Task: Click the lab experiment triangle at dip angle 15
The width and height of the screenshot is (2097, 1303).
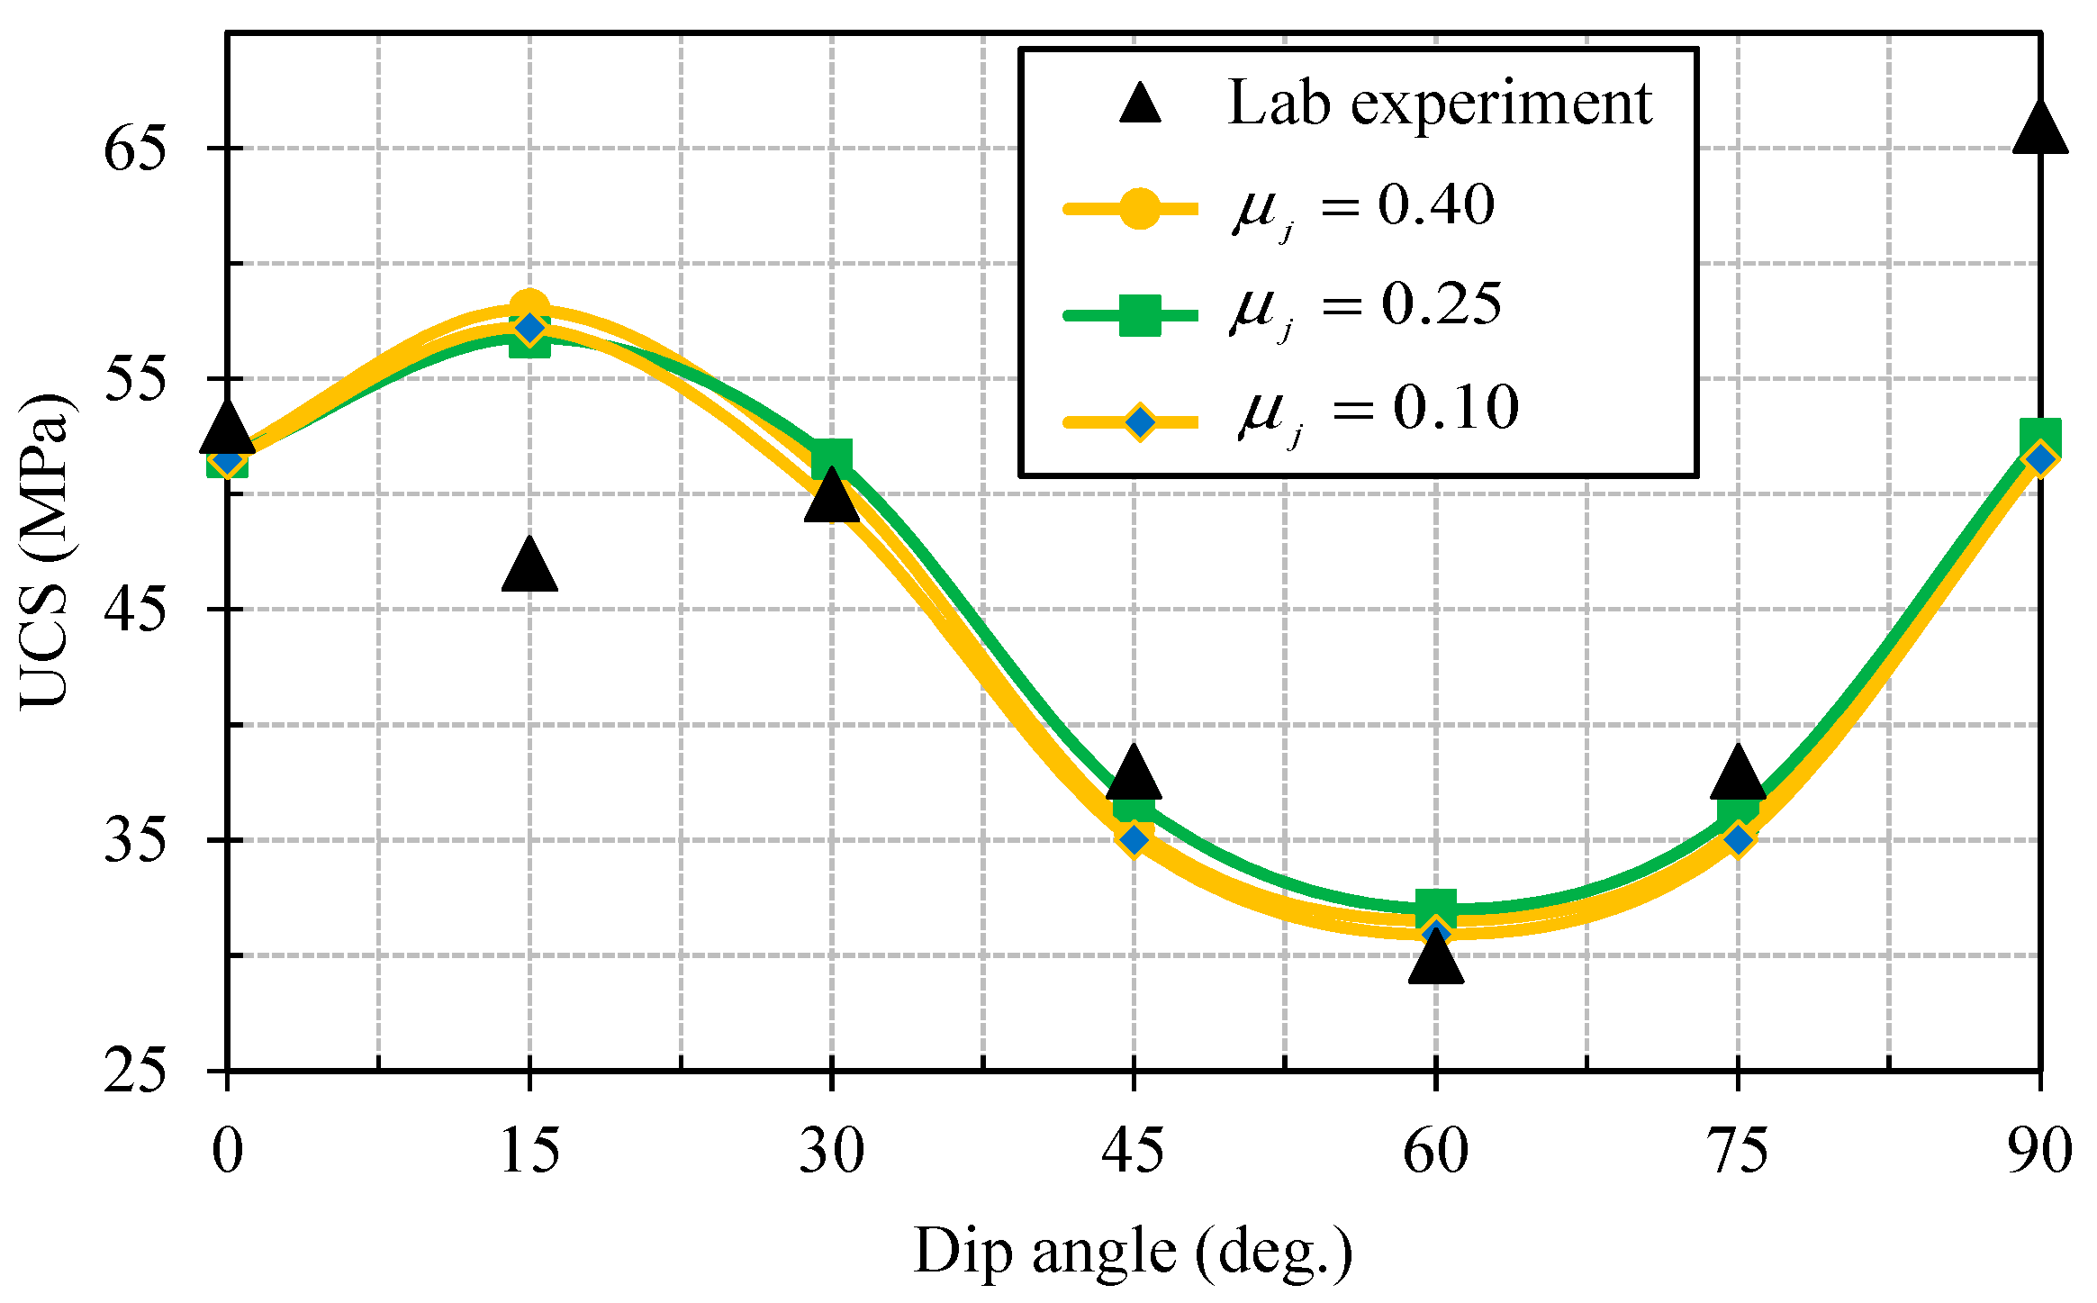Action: click(x=529, y=567)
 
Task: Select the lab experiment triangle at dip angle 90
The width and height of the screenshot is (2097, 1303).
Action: click(x=2039, y=131)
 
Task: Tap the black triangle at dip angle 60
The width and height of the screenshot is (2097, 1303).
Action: click(x=1435, y=959)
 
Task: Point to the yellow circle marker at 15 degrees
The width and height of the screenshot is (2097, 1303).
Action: click(x=529, y=307)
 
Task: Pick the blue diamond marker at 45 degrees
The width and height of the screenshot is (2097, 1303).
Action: click(x=1134, y=839)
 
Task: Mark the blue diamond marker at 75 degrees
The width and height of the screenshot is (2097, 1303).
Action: click(x=1738, y=839)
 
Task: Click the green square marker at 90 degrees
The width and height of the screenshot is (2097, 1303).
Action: click(x=2040, y=436)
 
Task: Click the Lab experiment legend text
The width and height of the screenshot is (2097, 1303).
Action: click(x=1439, y=103)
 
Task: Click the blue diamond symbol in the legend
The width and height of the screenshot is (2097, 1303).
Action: click(x=1140, y=421)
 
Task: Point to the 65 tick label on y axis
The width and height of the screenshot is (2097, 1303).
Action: click(x=135, y=149)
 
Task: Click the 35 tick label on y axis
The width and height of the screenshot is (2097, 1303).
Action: click(x=135, y=840)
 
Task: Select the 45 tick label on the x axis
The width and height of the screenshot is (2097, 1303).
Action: click(x=1134, y=1151)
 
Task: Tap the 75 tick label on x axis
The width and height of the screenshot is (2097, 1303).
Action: click(x=1738, y=1151)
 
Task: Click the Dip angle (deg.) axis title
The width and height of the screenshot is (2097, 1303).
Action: click(x=1133, y=1252)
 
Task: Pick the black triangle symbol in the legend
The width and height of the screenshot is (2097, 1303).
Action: click(x=1140, y=104)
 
